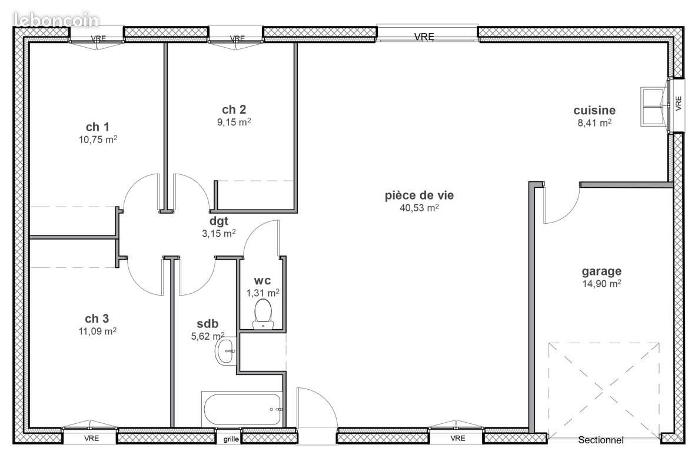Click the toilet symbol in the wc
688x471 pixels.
click(262, 313)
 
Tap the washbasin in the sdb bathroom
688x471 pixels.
click(225, 351)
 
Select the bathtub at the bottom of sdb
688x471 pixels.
click(242, 408)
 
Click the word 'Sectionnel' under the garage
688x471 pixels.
click(600, 440)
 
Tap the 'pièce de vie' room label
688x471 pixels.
click(419, 196)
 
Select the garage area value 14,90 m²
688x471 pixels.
click(601, 283)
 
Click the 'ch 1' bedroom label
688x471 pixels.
click(98, 127)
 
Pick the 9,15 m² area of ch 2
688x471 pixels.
click(234, 122)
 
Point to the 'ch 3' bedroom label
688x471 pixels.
click(97, 319)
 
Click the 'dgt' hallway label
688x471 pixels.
click(218, 221)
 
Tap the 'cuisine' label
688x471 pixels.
click(594, 110)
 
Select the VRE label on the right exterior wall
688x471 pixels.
click(678, 104)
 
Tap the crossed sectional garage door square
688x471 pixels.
click(604, 389)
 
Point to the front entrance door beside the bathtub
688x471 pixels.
click(316, 409)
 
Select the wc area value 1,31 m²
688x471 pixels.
click(262, 293)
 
